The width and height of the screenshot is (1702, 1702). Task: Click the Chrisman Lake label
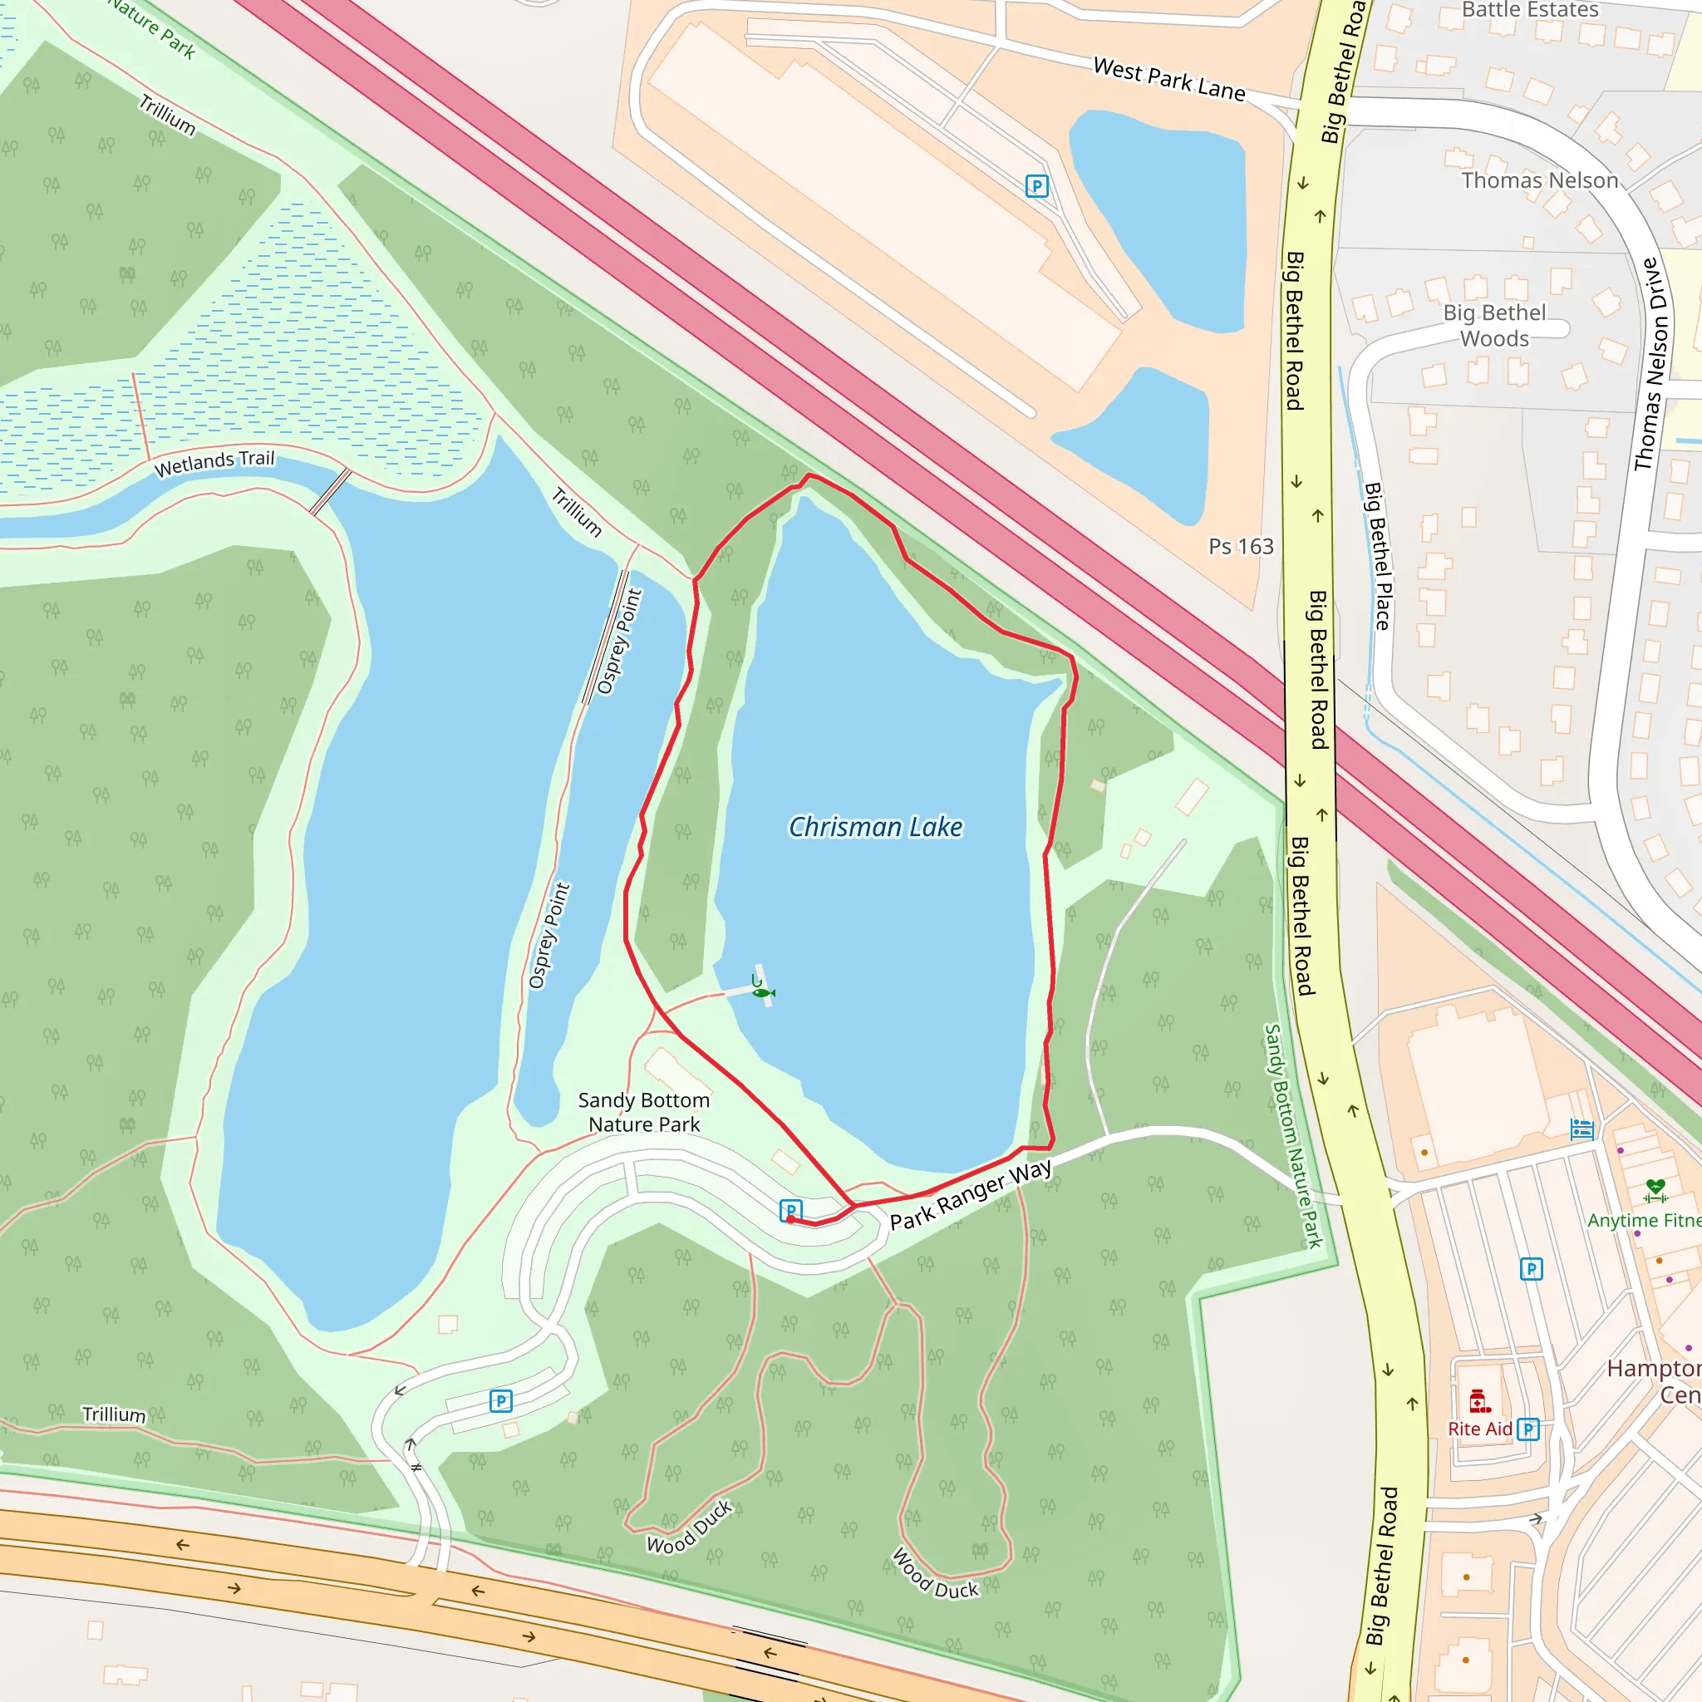point(875,827)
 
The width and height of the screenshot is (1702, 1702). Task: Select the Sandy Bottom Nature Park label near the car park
point(644,1112)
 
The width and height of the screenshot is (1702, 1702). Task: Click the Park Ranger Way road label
point(970,1195)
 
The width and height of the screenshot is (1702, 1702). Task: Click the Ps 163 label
point(1241,547)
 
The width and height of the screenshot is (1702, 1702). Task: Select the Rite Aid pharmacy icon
point(1479,1399)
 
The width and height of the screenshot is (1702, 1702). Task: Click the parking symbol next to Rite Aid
point(1528,1429)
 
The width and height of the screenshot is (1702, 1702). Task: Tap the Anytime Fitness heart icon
point(1655,1189)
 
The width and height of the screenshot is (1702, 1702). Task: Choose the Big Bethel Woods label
point(1494,325)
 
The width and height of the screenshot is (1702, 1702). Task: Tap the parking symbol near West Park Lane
point(1037,186)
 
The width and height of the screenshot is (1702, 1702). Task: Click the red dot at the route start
point(790,1219)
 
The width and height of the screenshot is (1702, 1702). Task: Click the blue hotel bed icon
point(1582,1129)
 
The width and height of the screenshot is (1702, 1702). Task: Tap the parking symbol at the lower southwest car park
point(500,1400)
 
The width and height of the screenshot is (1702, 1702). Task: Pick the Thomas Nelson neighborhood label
point(1540,180)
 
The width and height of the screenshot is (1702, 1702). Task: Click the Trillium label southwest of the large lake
point(115,1414)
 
